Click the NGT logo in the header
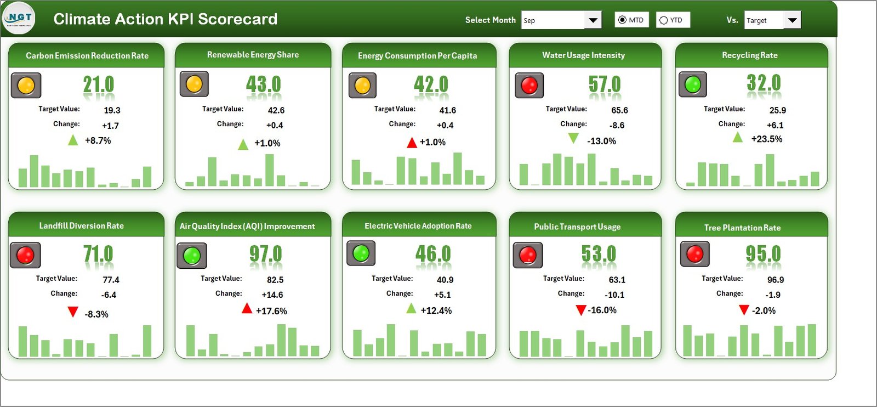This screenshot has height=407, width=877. click(19, 18)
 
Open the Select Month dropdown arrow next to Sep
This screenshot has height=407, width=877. click(593, 20)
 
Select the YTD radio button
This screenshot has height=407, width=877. click(664, 20)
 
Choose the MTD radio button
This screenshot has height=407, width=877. click(622, 20)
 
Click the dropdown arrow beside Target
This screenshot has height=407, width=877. click(792, 20)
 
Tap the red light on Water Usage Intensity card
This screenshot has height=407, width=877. click(529, 86)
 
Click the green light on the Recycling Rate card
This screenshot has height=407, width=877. click(693, 84)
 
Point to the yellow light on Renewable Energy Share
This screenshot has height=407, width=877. click(194, 84)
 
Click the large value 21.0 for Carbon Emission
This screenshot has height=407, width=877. click(99, 85)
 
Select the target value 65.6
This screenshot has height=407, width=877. click(619, 110)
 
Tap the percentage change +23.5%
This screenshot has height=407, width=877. click(766, 139)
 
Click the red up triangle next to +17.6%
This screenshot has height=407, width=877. click(247, 309)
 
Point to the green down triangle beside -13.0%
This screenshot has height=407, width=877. click(573, 138)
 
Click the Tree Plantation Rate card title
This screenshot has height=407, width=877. click(742, 228)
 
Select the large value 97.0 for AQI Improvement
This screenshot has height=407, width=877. click(265, 254)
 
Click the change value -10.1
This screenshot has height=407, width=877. click(614, 295)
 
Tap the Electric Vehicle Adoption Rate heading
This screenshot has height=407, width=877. click(418, 226)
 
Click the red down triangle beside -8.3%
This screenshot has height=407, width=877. click(72, 312)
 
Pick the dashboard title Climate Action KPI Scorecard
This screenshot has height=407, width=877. click(165, 19)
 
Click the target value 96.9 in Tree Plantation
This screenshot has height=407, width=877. click(775, 280)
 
